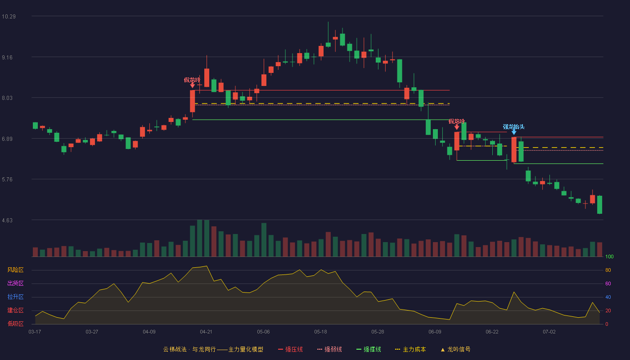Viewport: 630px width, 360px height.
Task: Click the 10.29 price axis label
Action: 9,17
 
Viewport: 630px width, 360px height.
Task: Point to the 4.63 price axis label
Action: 7,220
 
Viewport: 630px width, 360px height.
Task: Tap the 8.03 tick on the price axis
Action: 7,98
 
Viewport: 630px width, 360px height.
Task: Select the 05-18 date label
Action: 320,332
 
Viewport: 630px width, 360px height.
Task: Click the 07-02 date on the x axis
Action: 549,332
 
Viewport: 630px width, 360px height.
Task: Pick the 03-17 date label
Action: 35,332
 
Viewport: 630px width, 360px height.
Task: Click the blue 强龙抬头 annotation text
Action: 513,127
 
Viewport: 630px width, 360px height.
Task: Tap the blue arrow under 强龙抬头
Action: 514,132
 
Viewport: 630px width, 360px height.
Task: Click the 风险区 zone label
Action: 15,270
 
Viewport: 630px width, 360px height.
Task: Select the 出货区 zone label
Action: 15,283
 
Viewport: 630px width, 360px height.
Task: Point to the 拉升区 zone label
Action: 15,297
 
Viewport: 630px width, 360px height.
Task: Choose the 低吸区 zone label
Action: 15,324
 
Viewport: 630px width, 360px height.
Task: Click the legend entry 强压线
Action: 290,349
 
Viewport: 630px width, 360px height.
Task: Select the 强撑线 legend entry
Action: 369,349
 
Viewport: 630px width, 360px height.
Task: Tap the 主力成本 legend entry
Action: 410,349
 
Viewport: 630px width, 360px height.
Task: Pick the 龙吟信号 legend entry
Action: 455,349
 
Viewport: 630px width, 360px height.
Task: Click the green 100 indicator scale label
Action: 609,256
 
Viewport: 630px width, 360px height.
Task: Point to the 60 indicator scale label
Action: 608,283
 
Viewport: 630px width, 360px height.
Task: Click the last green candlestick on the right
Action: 599,205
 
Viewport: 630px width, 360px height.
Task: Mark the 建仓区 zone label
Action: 15,310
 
